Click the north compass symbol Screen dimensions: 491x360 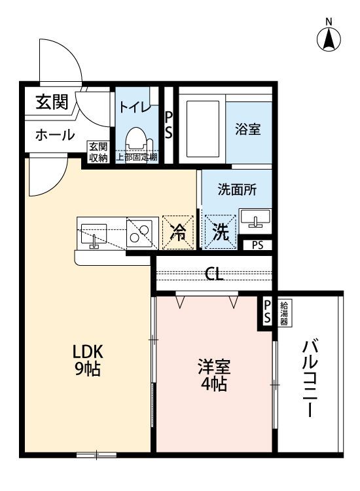click(x=330, y=38)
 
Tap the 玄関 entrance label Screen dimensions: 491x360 click(x=52, y=102)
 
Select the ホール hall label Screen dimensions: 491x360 click(x=54, y=134)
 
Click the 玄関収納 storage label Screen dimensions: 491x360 click(x=99, y=152)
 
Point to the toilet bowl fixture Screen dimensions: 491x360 click(x=137, y=139)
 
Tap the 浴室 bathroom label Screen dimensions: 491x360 click(x=248, y=129)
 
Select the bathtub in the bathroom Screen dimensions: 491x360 click(x=203, y=130)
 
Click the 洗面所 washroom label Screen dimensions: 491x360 click(x=237, y=191)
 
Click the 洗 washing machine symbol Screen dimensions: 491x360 click(x=220, y=232)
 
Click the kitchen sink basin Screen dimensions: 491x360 click(x=93, y=233)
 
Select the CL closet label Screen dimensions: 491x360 click(x=214, y=274)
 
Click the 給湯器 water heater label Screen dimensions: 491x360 click(x=287, y=313)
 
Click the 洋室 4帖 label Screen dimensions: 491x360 click(x=213, y=375)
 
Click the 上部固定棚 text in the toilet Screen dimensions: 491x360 click(x=137, y=158)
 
